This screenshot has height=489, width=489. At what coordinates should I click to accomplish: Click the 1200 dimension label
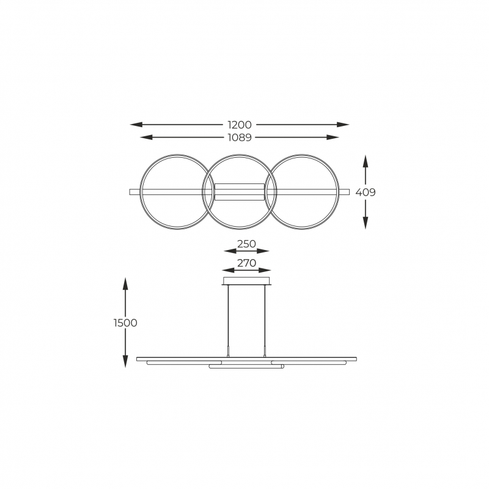240,125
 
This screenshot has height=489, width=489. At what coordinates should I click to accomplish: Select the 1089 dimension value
240,137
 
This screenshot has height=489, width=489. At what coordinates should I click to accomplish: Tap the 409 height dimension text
366,193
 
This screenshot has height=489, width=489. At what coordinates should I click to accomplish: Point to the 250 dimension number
246,244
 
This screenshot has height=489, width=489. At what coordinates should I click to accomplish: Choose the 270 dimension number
246,263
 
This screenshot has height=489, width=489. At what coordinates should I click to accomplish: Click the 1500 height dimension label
125,323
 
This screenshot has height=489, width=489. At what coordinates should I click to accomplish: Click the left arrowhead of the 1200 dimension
136,125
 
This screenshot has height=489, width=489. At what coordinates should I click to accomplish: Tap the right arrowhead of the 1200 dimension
343,125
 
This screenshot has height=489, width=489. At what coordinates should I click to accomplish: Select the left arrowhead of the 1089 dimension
146,137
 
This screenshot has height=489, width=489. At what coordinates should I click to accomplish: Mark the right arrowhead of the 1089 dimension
333,137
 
